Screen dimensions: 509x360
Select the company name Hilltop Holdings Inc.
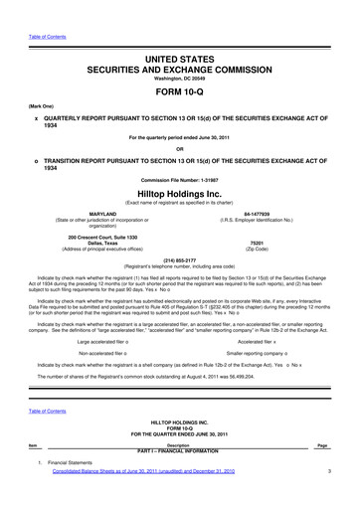pyautogui.click(x=179, y=195)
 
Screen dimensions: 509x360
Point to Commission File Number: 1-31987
pyautogui.click(x=179, y=179)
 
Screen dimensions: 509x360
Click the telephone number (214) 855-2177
pyautogui.click(x=179, y=261)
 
